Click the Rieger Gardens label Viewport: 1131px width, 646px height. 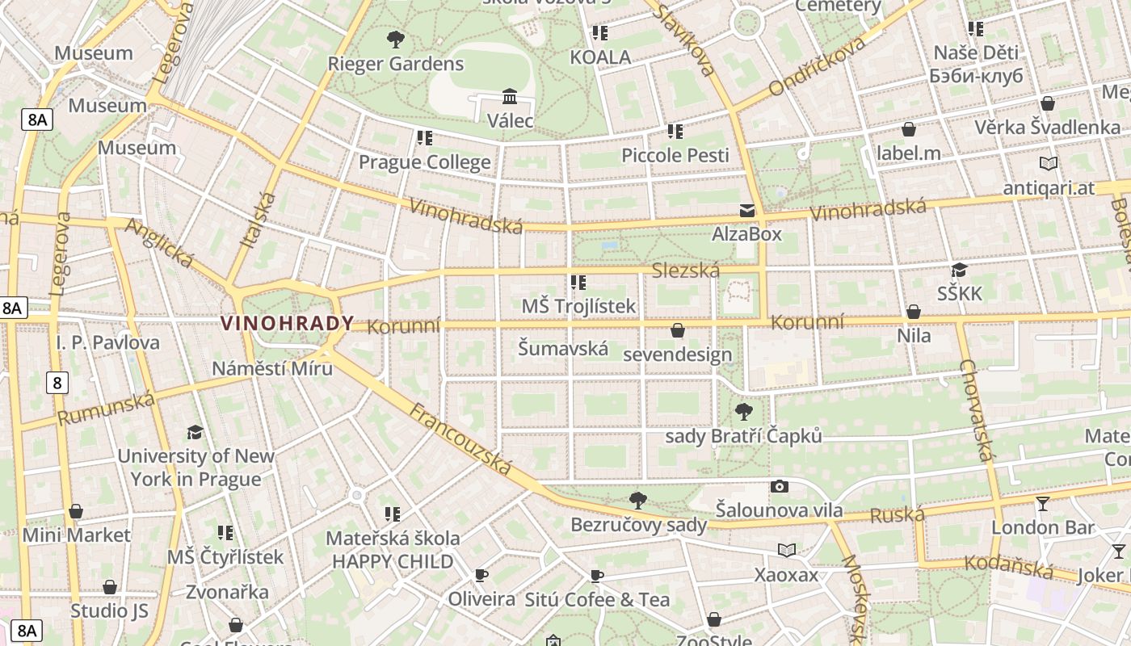(x=396, y=64)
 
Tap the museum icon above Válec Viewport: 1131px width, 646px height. (x=510, y=97)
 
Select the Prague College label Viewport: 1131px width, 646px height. (x=424, y=162)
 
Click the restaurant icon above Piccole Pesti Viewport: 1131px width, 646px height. (x=675, y=131)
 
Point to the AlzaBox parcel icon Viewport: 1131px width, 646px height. (x=747, y=211)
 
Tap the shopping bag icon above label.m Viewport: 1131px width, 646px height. (x=909, y=129)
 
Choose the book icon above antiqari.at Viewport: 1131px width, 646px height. (x=1049, y=164)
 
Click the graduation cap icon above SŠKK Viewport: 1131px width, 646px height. (x=960, y=270)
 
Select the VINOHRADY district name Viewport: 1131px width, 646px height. (x=288, y=324)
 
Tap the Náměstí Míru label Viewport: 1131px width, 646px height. (x=272, y=368)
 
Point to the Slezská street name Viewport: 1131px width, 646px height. (x=685, y=270)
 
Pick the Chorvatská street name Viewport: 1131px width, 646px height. (x=976, y=410)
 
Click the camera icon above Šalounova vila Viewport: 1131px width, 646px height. (x=779, y=486)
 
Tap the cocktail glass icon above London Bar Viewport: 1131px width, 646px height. (x=1043, y=504)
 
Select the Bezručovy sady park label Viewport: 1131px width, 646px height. (x=638, y=525)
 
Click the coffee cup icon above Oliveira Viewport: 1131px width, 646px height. (x=481, y=575)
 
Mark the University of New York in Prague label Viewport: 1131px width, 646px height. (x=196, y=468)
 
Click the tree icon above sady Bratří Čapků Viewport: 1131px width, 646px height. (x=743, y=412)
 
